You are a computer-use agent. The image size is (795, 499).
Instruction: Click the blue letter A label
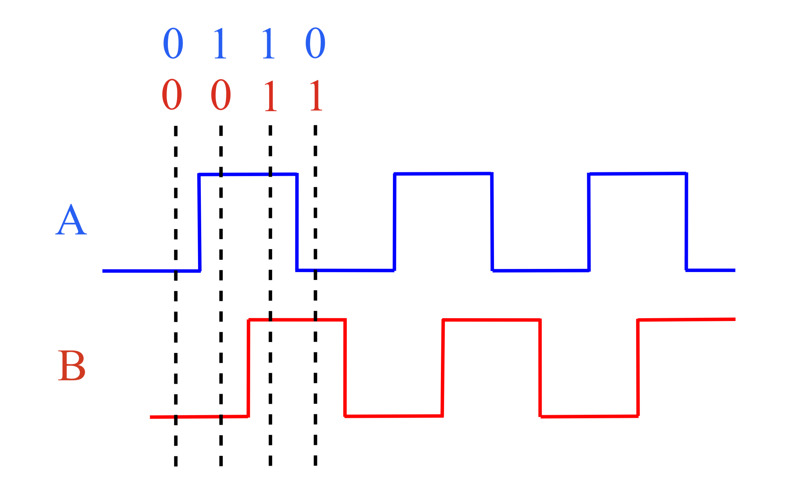point(71,220)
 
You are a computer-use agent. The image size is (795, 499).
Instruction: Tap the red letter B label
point(71,365)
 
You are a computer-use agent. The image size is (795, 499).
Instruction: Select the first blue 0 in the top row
point(173,43)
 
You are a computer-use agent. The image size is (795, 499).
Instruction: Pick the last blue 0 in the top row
point(315,43)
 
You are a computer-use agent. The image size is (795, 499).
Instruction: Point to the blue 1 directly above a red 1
point(269,43)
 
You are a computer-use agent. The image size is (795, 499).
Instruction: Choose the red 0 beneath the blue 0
point(172,94)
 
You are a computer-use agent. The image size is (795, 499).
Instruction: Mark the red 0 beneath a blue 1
point(221,95)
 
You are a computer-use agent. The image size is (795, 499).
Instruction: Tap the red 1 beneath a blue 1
point(271,96)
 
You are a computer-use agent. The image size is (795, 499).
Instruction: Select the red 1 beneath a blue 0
point(316,95)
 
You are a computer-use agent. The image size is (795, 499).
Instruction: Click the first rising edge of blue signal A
point(199,223)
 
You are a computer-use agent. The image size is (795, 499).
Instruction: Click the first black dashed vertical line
point(176,297)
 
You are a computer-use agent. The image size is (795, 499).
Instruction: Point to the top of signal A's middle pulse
point(443,174)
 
